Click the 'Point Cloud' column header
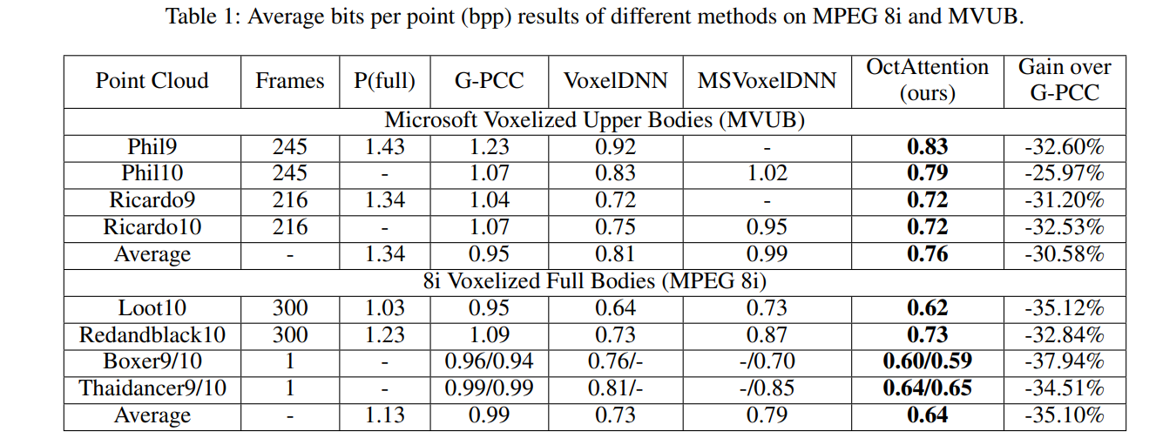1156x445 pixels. coord(152,81)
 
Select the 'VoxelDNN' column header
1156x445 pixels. coord(615,81)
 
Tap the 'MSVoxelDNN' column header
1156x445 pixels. coord(767,81)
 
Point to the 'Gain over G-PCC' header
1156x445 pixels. coord(1065,80)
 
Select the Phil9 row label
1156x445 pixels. coord(152,147)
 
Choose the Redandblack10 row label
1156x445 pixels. coord(152,335)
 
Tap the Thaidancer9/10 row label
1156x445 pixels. coord(152,388)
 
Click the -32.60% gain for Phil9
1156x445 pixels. coord(1065,147)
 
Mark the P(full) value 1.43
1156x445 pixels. coord(384,147)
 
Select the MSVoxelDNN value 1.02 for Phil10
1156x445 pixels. coord(767,173)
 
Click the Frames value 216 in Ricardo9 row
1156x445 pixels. coord(289,200)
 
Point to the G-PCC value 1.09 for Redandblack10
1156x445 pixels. coord(489,335)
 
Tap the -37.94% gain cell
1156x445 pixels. coord(1065,361)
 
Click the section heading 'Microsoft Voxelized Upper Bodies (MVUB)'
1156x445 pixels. coord(594,121)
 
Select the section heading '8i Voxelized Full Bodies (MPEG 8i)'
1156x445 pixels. coord(594,282)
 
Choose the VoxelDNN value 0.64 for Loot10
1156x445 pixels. coord(615,308)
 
